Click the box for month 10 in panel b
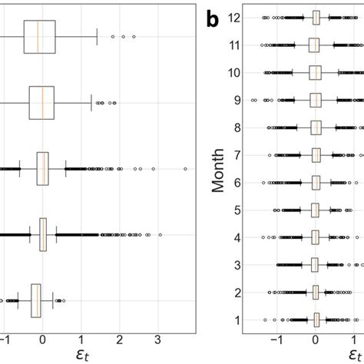[x=315, y=72]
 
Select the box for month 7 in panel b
[x=316, y=155]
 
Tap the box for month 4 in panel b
[x=316, y=237]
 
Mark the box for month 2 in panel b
[x=316, y=293]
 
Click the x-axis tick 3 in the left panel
[x=157, y=339]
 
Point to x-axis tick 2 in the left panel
[x=119, y=339]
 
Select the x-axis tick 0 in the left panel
[x=43, y=339]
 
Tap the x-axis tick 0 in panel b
[x=316, y=339]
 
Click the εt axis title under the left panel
[x=81, y=355]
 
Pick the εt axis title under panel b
[x=316, y=355]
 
